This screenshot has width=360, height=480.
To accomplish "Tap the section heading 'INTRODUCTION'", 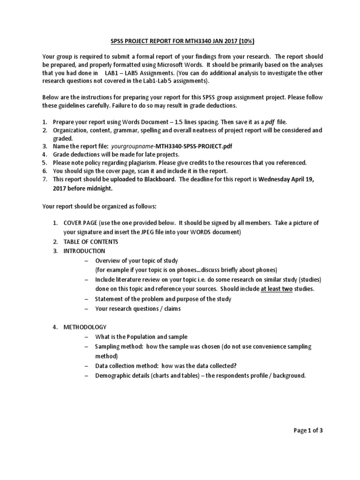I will coord(84,251).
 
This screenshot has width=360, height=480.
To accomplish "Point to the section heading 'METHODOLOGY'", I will coord(85,327).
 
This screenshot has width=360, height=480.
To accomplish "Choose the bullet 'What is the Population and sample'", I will coord(141,337).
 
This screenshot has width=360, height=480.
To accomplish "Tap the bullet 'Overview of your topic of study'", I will coord(137,261).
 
